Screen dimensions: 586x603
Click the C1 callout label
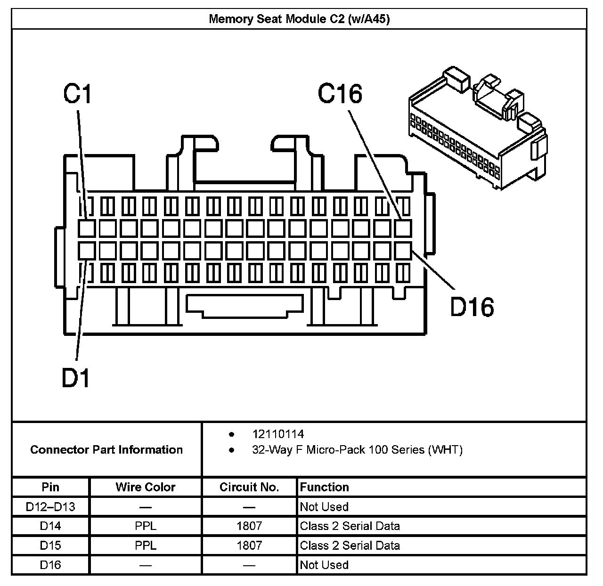tap(78, 94)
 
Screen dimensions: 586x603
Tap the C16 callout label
tap(340, 94)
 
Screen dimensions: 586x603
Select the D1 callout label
tap(76, 378)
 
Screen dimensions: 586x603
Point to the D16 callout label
tap(472, 307)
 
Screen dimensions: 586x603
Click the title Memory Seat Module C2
tap(299, 19)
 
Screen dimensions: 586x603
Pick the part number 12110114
tap(278, 434)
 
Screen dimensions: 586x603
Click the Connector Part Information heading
tap(106, 449)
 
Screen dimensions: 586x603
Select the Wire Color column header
tap(145, 487)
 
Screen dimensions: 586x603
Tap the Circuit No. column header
tap(249, 487)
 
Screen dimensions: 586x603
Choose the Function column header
tap(325, 487)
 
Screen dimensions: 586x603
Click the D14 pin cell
tap(50, 526)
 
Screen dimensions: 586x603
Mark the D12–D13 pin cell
tap(50, 507)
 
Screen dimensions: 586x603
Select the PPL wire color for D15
tap(145, 545)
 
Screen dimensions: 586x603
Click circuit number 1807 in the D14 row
tap(249, 526)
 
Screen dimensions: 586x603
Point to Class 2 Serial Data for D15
tap(350, 545)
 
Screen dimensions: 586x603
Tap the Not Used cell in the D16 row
tap(324, 565)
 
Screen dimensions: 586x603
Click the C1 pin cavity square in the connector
tap(87, 228)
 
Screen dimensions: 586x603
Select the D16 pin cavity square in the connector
tap(403, 250)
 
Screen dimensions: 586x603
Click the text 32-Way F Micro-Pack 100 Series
tap(357, 450)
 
